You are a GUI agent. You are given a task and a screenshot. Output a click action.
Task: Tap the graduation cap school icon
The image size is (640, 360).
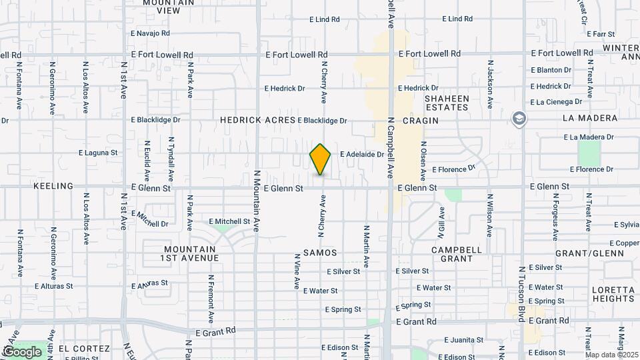pos(518,119)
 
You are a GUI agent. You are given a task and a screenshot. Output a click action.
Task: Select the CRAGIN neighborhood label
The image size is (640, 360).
pos(421,121)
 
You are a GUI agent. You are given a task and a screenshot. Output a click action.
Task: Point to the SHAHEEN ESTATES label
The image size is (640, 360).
pos(447,103)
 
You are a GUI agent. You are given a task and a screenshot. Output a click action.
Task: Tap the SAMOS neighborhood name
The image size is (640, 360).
pos(320,253)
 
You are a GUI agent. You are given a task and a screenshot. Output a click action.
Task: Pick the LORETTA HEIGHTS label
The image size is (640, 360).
pos(613,294)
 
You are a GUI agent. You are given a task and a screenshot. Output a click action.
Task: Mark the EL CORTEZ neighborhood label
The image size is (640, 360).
pos(83,349)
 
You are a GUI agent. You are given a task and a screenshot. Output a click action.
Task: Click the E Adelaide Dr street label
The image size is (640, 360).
pos(362,154)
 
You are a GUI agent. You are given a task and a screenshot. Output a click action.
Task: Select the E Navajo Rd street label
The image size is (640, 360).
pos(150,33)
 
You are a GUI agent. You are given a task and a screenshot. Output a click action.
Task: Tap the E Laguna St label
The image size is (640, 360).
pos(98,153)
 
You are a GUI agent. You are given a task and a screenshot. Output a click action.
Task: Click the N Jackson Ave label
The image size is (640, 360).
pos(489,87)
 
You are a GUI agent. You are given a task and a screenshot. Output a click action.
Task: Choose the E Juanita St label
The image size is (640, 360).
pos(467,339)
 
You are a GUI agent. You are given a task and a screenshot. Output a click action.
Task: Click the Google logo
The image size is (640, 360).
pos(22,351)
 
